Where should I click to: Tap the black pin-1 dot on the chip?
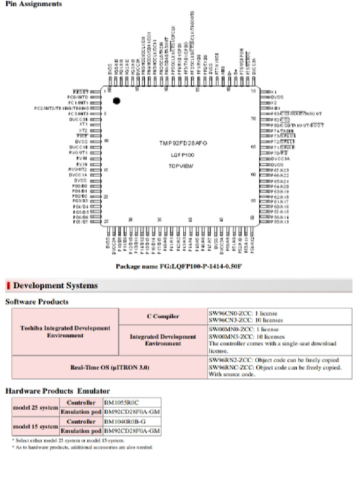[x=116, y=100]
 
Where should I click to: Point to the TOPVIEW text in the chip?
[x=180, y=166]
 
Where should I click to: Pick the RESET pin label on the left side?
[x=81, y=91]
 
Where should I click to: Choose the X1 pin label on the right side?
[x=275, y=91]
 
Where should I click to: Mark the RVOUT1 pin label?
[x=78, y=152]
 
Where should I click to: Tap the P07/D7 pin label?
[x=80, y=222]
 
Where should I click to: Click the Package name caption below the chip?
[x=179, y=266]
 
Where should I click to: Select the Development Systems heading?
[x=55, y=285]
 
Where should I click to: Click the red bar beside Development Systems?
[x=8, y=285]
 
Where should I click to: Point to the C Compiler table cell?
[x=163, y=316]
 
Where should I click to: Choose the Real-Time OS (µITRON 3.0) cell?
[x=109, y=367]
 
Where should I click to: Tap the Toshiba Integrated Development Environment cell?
[x=65, y=331]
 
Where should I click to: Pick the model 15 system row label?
[x=35, y=427]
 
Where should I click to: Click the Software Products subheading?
[x=37, y=301]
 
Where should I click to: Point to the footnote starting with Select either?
[x=68, y=441]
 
